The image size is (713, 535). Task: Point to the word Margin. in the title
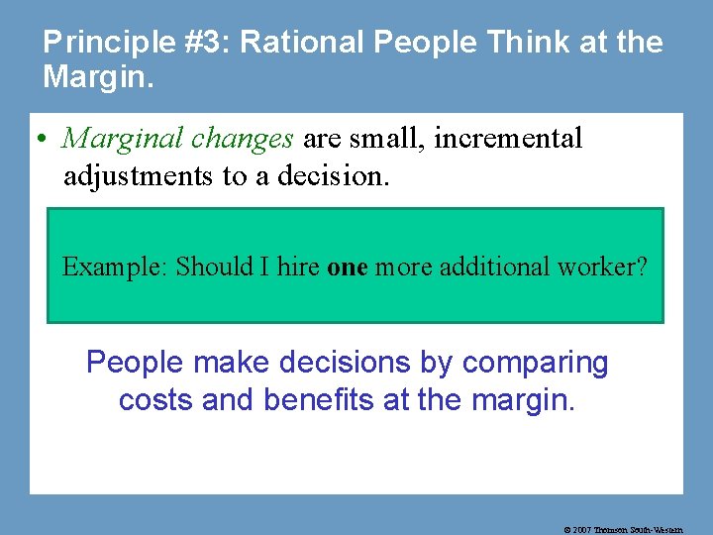tap(99, 76)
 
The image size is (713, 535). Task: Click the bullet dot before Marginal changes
tap(48, 140)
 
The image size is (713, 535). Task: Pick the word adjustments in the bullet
tap(136, 175)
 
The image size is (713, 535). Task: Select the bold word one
tap(347, 267)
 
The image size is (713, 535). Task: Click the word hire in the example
tap(298, 267)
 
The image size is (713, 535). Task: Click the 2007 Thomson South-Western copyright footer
tap(623, 530)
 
